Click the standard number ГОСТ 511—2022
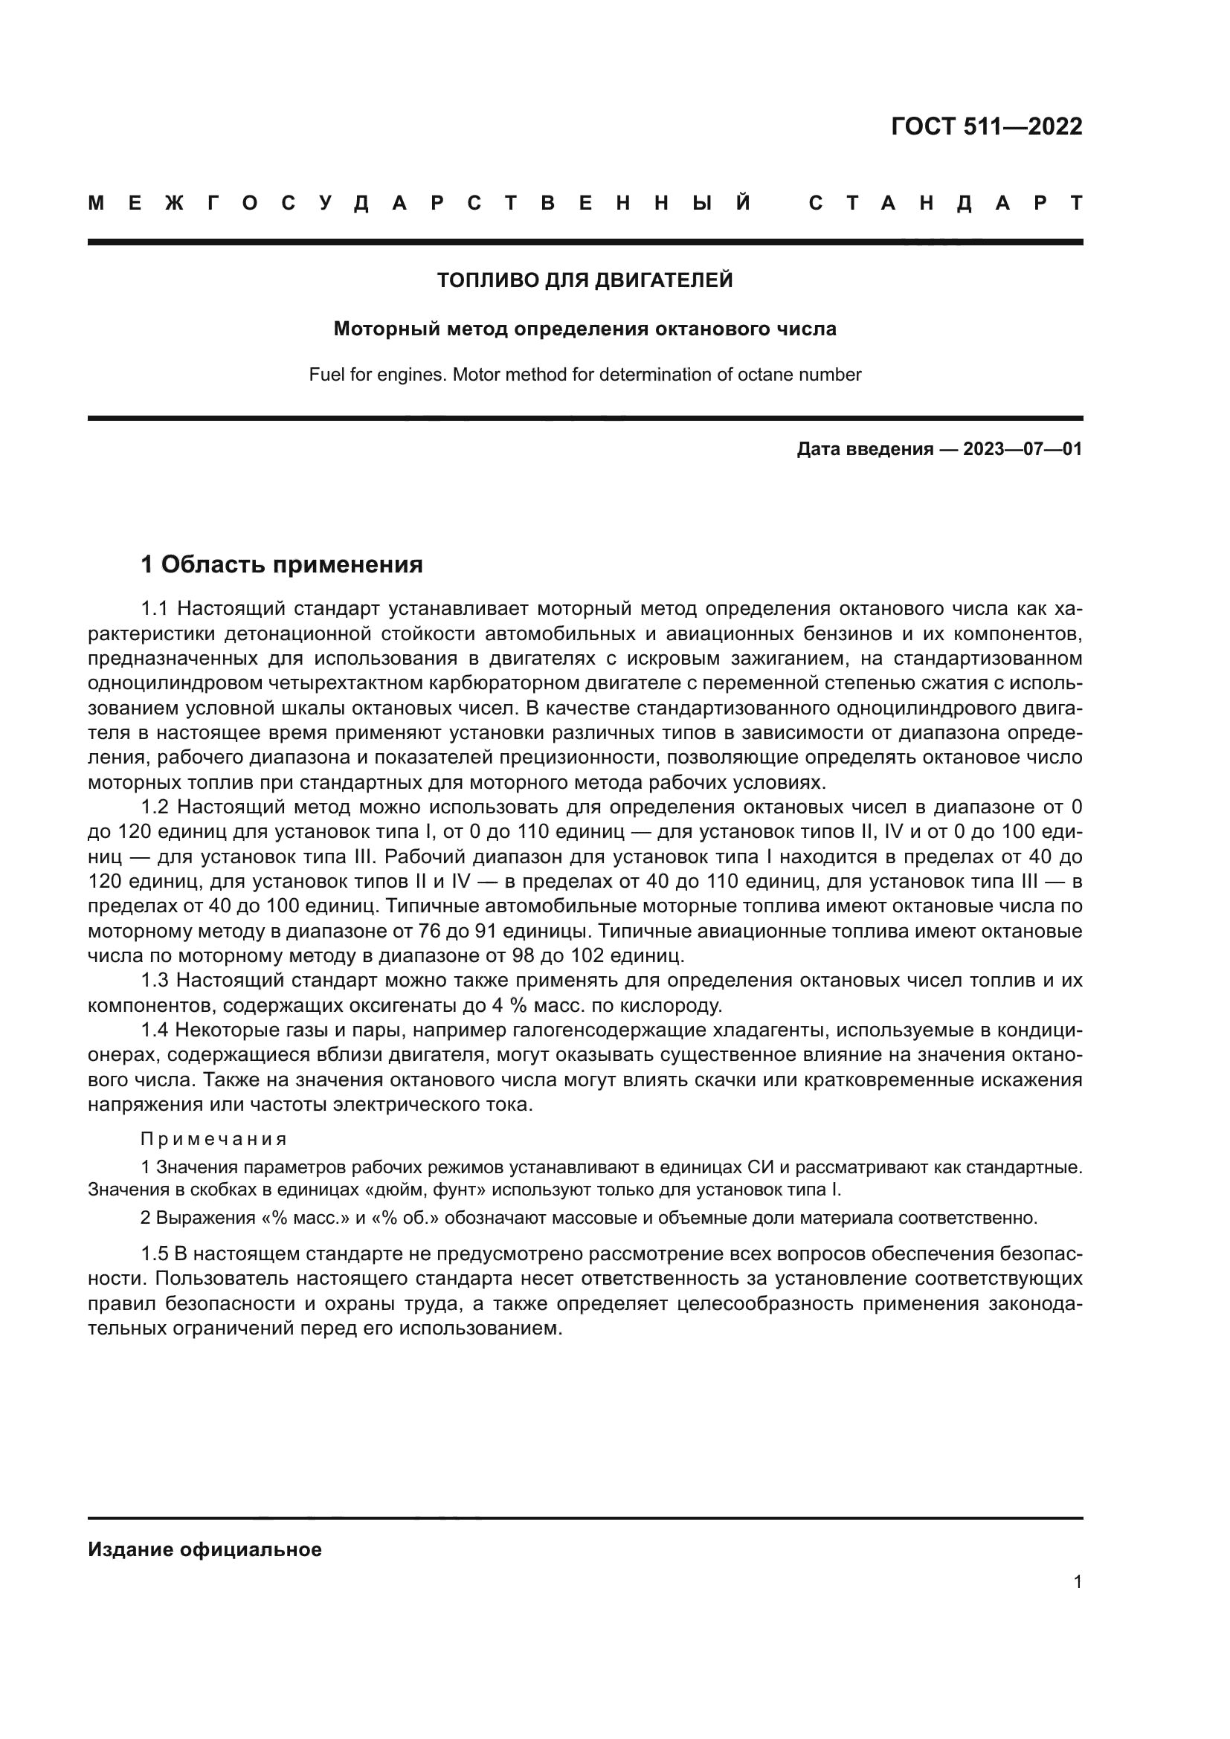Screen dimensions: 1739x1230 pos(986,126)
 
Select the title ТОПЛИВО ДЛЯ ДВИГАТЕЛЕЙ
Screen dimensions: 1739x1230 pos(585,281)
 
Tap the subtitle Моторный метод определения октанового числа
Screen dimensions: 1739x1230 pos(585,329)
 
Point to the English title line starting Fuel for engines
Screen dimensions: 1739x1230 pos(585,375)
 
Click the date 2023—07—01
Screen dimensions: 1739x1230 pos(1022,450)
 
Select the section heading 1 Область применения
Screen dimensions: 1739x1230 pos(282,564)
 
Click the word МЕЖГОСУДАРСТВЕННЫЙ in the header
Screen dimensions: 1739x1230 pos(419,204)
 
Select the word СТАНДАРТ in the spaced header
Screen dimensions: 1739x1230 pos(946,204)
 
